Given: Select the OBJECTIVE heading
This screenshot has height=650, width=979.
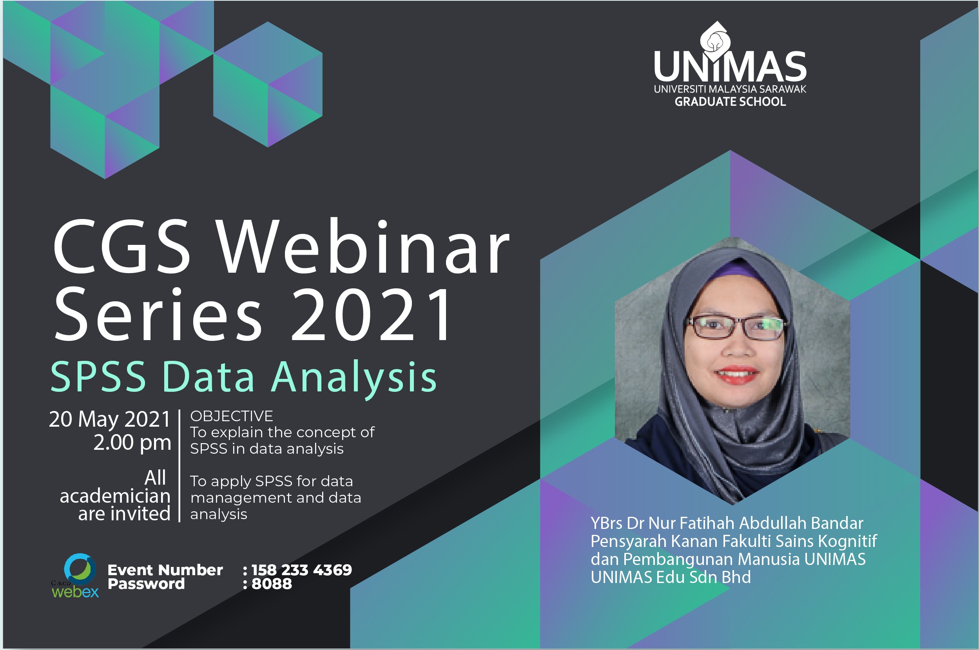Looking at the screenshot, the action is [232, 416].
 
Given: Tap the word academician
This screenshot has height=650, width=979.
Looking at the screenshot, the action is [115, 496].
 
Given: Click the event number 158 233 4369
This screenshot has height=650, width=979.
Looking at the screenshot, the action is [301, 570].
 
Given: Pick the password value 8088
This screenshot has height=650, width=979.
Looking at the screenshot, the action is [272, 584].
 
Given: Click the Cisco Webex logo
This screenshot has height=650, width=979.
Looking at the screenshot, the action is [76, 576].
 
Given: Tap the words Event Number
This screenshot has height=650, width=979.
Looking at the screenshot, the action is [165, 570].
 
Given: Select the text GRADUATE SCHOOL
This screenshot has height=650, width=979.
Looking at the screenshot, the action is [730, 101].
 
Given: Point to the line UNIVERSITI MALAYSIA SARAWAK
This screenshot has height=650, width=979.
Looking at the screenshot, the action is [730, 89].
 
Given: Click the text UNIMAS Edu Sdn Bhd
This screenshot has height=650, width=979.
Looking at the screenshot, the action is [671, 577].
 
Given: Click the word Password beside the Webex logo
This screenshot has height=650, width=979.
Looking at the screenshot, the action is [146, 584].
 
